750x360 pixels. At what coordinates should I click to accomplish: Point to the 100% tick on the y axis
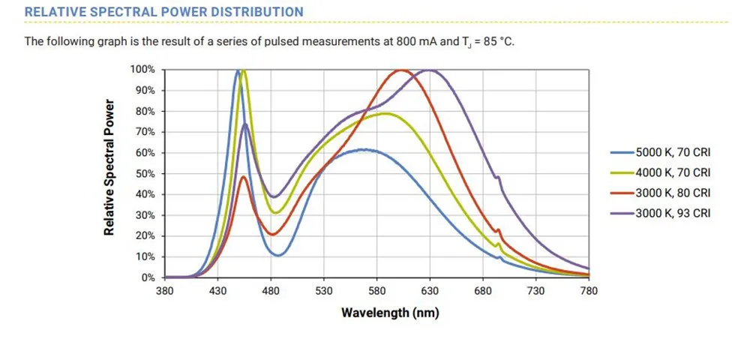click(x=142, y=70)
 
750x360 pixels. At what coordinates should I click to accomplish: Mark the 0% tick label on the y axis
click(x=148, y=277)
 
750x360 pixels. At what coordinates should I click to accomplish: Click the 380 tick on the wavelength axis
click(x=164, y=290)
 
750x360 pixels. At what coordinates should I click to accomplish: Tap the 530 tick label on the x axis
click(x=323, y=290)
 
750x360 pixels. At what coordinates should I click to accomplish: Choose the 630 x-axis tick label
click(x=430, y=290)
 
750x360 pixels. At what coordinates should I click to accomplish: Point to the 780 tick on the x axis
click(x=589, y=290)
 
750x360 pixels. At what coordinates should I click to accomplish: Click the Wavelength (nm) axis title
click(x=390, y=312)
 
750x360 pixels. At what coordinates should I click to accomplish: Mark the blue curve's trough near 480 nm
click(x=278, y=255)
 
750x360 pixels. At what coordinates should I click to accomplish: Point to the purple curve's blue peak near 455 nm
click(x=245, y=124)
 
